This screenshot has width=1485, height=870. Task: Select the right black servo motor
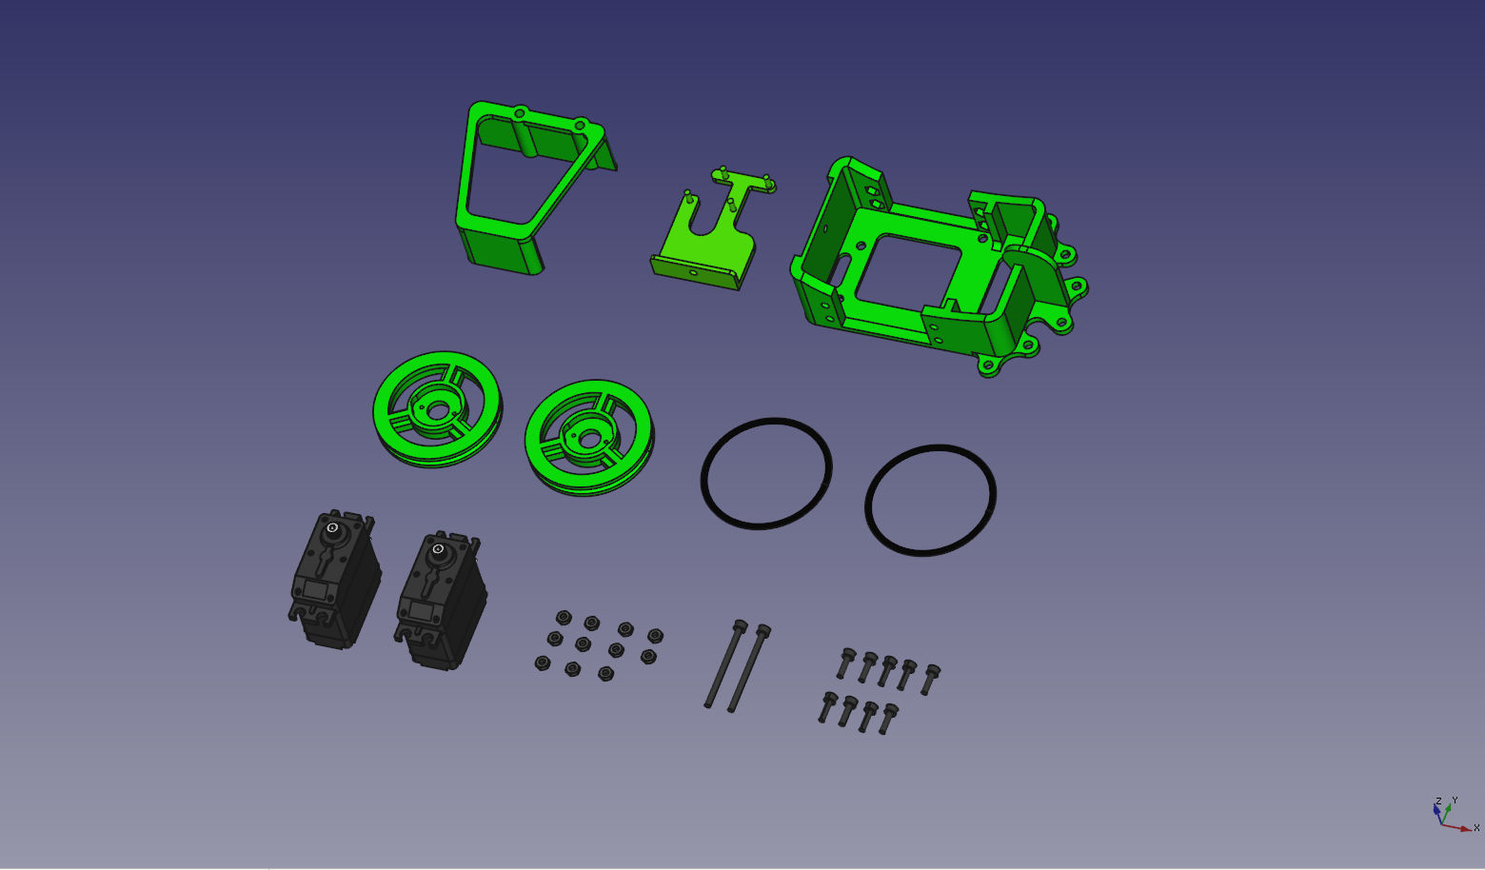click(441, 600)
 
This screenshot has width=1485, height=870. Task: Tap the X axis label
click(1476, 827)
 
